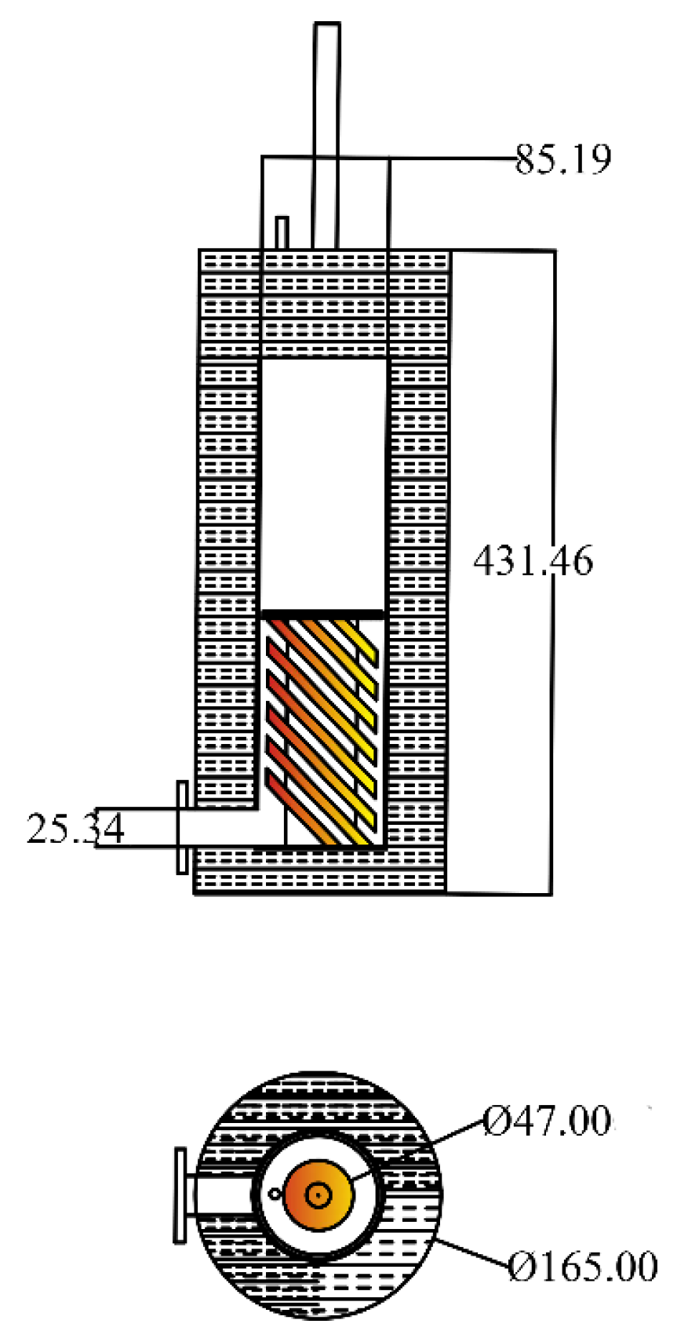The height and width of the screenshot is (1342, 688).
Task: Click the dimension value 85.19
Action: point(563,159)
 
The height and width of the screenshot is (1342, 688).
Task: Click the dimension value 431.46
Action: point(533,562)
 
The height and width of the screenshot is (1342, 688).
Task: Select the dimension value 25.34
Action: point(75,829)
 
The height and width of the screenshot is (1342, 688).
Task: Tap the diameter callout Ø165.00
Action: point(582,1267)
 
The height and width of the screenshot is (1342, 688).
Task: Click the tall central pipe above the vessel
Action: point(326,118)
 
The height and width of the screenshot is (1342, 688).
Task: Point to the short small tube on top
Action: point(282,233)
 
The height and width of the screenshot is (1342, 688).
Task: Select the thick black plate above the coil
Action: point(322,613)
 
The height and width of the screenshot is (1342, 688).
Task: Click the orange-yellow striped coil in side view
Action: point(323,730)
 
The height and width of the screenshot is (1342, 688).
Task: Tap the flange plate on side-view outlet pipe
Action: point(182,826)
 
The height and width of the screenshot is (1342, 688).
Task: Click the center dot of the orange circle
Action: point(318,1196)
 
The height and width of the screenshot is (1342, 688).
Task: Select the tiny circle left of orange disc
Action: point(275,1194)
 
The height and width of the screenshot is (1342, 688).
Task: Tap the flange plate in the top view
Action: point(180,1194)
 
